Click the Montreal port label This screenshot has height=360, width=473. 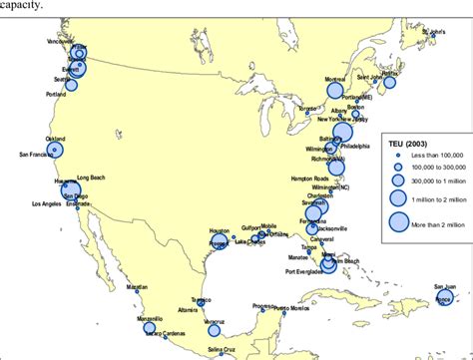pyautogui.click(x=335, y=79)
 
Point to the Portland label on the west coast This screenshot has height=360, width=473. pyautogui.click(x=57, y=95)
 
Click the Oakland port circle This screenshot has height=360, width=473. pyautogui.click(x=56, y=150)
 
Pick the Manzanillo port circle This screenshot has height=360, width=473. pyautogui.click(x=150, y=327)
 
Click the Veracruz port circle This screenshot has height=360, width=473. pyautogui.click(x=215, y=330)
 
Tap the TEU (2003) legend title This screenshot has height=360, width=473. pyautogui.click(x=409, y=144)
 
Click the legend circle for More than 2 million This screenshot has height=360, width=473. pyautogui.click(x=398, y=223)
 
